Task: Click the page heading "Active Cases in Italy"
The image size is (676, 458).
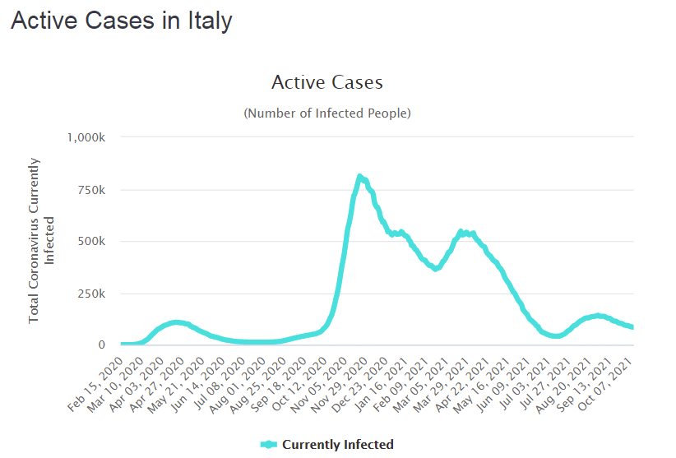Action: [x=121, y=21]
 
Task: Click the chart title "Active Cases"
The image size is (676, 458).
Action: [x=326, y=82]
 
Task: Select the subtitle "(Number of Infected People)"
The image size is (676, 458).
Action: [x=326, y=113]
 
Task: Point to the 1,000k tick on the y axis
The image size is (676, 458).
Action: [x=86, y=137]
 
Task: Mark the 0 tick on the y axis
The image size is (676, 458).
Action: [x=102, y=345]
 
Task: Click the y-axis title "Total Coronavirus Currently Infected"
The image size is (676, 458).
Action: [x=40, y=239]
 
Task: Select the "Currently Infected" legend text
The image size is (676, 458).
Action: [x=337, y=445]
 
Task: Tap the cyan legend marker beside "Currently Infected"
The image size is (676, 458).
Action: [x=268, y=445]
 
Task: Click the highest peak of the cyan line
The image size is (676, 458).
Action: [x=359, y=176]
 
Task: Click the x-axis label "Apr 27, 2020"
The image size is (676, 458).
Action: [x=161, y=377]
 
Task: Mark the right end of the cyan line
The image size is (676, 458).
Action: [x=632, y=327]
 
